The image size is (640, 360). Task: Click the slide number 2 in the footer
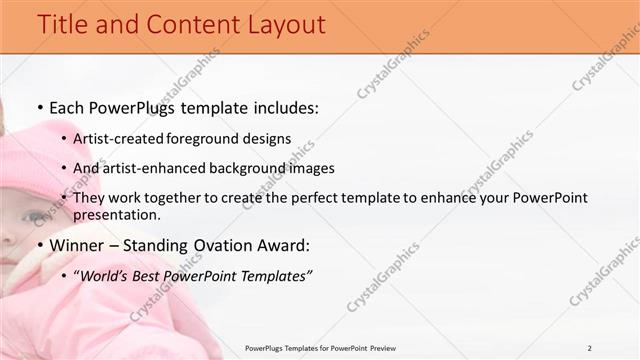point(590,347)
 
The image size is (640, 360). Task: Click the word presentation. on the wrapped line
point(117,214)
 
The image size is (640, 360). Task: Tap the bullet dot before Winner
point(39,245)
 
